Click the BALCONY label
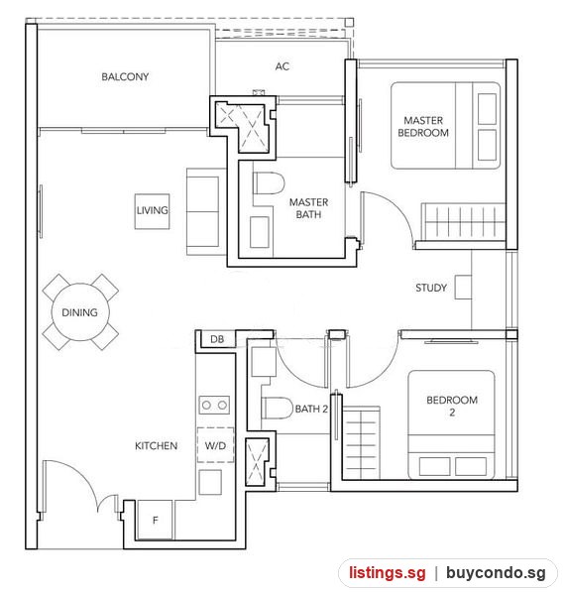(125, 76)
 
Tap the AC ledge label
(282, 66)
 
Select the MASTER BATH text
(308, 208)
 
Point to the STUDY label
(431, 288)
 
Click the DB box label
(217, 339)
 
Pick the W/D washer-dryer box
(215, 445)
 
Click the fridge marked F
(155, 520)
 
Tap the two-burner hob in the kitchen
(214, 405)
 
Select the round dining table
(80, 312)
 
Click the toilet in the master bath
(269, 183)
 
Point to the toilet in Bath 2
(278, 408)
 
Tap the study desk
(463, 288)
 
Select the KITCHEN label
(157, 445)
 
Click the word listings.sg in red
(388, 572)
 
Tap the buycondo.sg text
(496, 573)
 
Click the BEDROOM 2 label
(452, 406)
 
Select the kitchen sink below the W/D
(210, 482)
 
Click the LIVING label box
(152, 211)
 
